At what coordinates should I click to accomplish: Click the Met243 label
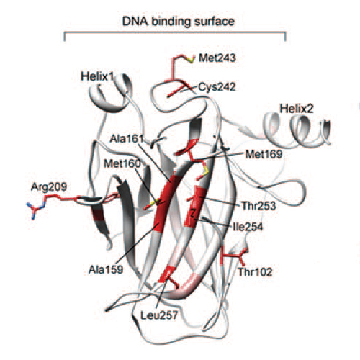[217, 58]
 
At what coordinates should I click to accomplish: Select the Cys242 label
[217, 87]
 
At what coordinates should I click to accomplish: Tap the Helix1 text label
[96, 76]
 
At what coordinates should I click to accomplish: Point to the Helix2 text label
[297, 109]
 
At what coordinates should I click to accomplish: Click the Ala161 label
[127, 138]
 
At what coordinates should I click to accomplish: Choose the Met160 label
[122, 163]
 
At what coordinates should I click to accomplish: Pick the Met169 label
[264, 154]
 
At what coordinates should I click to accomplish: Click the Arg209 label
[49, 186]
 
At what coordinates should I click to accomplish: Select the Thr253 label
[258, 206]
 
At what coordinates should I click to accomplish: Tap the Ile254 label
[248, 227]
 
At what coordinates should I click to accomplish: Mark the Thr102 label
[255, 272]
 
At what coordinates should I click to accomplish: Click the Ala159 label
[106, 270]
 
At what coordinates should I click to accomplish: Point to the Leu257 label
[158, 315]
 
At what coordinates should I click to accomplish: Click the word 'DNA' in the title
[135, 22]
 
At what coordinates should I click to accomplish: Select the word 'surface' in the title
[215, 22]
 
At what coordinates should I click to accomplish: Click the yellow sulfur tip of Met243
[192, 60]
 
